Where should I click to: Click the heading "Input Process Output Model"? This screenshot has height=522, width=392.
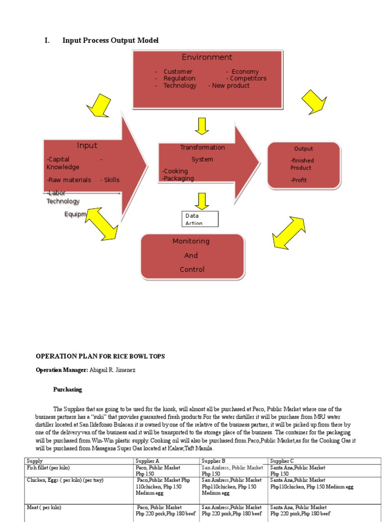[x=110, y=40]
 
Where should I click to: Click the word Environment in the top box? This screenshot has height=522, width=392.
[x=207, y=57]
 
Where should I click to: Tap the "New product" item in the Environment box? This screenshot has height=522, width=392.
[x=231, y=86]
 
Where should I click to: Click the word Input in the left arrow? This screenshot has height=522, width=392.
[x=87, y=145]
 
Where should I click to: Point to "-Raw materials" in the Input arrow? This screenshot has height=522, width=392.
[x=69, y=180]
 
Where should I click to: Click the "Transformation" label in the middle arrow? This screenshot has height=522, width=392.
[x=202, y=147]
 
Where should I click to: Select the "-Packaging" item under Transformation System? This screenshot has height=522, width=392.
[x=178, y=178]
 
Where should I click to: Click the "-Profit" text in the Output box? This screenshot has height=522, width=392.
[x=299, y=180]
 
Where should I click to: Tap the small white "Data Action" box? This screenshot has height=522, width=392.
[x=200, y=219]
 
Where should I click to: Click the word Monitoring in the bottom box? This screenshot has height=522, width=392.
[x=191, y=241]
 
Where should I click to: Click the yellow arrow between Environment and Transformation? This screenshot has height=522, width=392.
[x=202, y=125]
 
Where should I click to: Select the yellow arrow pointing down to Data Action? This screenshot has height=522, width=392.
[x=202, y=201]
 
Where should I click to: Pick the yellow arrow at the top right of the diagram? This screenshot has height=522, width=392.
[x=313, y=101]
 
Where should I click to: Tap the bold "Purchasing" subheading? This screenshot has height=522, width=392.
[x=67, y=389]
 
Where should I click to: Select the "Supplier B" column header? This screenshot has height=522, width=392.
[x=213, y=461]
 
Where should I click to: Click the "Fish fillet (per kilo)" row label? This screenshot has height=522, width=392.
[x=48, y=467]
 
